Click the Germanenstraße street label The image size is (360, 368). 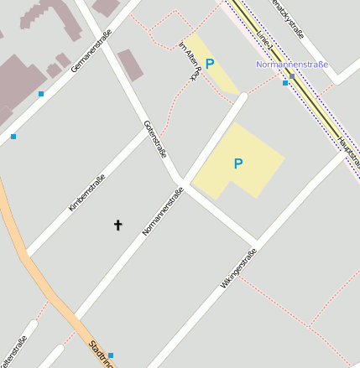(x=91, y=49)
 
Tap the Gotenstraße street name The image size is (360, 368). (x=156, y=139)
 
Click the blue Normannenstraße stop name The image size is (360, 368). (x=292, y=65)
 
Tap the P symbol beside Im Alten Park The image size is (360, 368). (x=210, y=63)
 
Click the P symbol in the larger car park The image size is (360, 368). (x=238, y=163)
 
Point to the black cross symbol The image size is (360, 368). (x=117, y=225)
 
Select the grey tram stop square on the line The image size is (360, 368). (x=291, y=75)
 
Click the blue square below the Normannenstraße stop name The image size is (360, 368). (x=285, y=83)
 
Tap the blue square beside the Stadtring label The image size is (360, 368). (x=111, y=355)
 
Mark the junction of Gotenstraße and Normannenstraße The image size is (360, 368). (x=182, y=183)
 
